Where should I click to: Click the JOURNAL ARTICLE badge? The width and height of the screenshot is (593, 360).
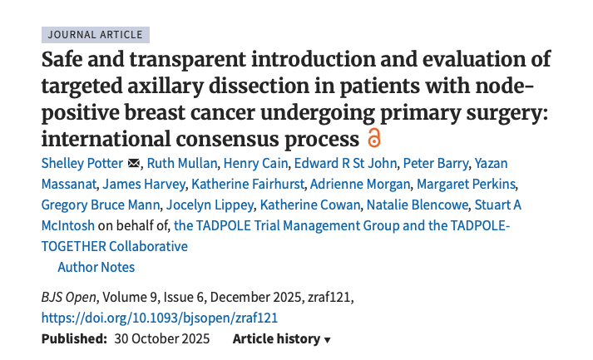[96, 35]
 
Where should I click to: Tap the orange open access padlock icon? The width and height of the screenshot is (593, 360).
[373, 138]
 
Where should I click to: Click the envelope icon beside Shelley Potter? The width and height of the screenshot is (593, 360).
[134, 163]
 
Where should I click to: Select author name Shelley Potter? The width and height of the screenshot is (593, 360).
[82, 163]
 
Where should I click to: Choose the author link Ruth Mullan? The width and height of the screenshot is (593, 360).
[182, 163]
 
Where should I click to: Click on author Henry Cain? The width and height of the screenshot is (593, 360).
[255, 163]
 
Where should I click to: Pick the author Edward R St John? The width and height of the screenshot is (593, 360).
[345, 163]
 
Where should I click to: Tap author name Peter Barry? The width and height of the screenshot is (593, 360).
[435, 163]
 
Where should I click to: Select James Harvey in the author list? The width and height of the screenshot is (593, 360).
[144, 185]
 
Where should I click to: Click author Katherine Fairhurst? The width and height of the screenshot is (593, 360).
[247, 185]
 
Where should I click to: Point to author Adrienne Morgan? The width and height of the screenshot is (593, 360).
[360, 185]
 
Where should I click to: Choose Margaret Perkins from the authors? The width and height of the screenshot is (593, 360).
[466, 185]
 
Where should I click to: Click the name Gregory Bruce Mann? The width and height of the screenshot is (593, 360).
[101, 205]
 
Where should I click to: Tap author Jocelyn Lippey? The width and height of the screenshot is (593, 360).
[210, 205]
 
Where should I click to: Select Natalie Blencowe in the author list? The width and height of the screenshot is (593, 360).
[418, 205]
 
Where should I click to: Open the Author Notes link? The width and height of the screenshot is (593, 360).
[96, 268]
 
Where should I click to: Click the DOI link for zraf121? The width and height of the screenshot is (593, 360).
[160, 318]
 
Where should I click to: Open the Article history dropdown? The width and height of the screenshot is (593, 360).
[282, 339]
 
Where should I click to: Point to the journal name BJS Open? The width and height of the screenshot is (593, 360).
[69, 297]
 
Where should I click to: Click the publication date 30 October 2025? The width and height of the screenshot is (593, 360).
[162, 339]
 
